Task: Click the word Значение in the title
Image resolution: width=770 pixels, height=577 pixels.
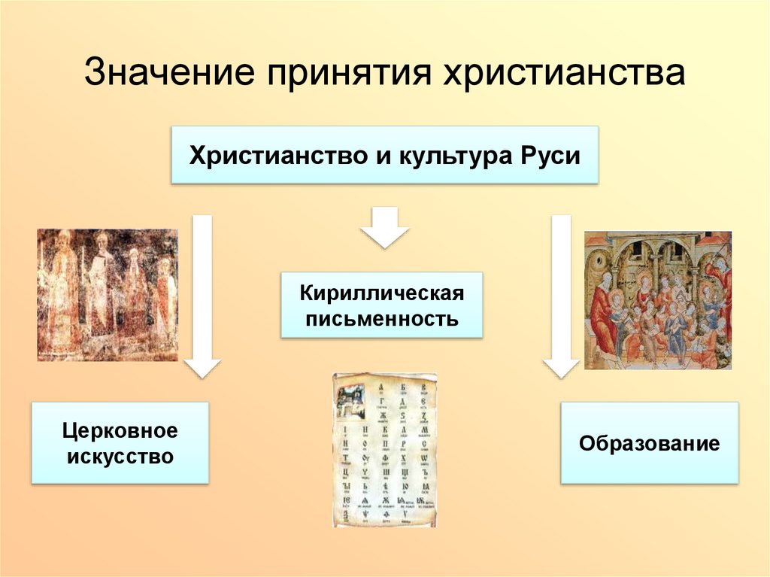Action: (x=166, y=75)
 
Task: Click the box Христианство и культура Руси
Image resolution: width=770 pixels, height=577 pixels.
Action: (x=384, y=156)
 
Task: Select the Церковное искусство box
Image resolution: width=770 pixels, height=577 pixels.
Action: (x=120, y=442)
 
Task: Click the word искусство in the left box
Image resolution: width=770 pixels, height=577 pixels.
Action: (x=120, y=456)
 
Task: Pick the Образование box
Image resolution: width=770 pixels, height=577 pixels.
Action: (x=649, y=442)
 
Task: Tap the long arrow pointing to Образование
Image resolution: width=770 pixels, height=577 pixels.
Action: (x=561, y=293)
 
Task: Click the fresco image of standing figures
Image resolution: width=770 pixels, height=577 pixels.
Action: (x=108, y=295)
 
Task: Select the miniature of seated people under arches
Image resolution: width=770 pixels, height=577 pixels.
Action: (x=657, y=299)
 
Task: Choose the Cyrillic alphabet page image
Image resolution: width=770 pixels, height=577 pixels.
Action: (x=384, y=450)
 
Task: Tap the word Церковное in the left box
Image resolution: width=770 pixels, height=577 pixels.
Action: (x=120, y=430)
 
